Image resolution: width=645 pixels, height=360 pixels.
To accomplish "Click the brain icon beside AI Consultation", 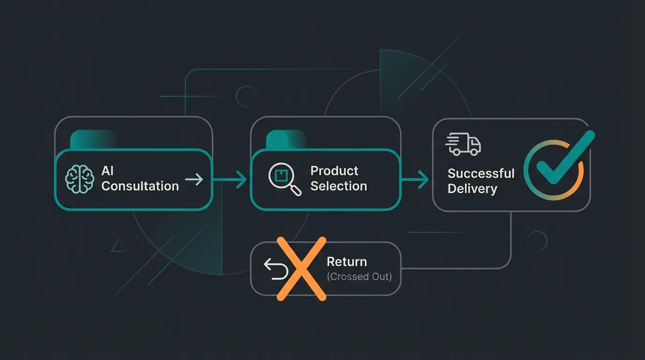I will click(x=80, y=179).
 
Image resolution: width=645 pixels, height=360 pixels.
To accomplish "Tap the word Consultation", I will click(x=140, y=186).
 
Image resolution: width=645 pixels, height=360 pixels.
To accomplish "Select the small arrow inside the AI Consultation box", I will click(x=194, y=179).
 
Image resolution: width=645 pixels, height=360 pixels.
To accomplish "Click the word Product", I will click(x=334, y=171).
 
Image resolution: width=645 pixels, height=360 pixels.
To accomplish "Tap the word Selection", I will click(x=338, y=186).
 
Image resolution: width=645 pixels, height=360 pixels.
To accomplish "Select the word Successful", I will click(x=481, y=173).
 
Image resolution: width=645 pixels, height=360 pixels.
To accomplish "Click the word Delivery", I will click(x=472, y=189).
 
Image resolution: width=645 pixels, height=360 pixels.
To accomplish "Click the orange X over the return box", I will click(x=301, y=268).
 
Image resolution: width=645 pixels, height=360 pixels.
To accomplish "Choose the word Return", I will click(x=346, y=262).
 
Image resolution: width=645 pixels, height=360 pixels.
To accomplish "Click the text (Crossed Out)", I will click(x=359, y=277).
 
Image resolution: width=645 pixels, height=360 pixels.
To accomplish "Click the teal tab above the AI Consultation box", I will click(x=93, y=139).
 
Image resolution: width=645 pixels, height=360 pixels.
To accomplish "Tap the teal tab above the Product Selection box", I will click(x=285, y=139).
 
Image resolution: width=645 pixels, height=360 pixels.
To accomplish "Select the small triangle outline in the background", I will click(x=118, y=245).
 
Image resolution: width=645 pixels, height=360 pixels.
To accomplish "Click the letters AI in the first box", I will click(x=108, y=171).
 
